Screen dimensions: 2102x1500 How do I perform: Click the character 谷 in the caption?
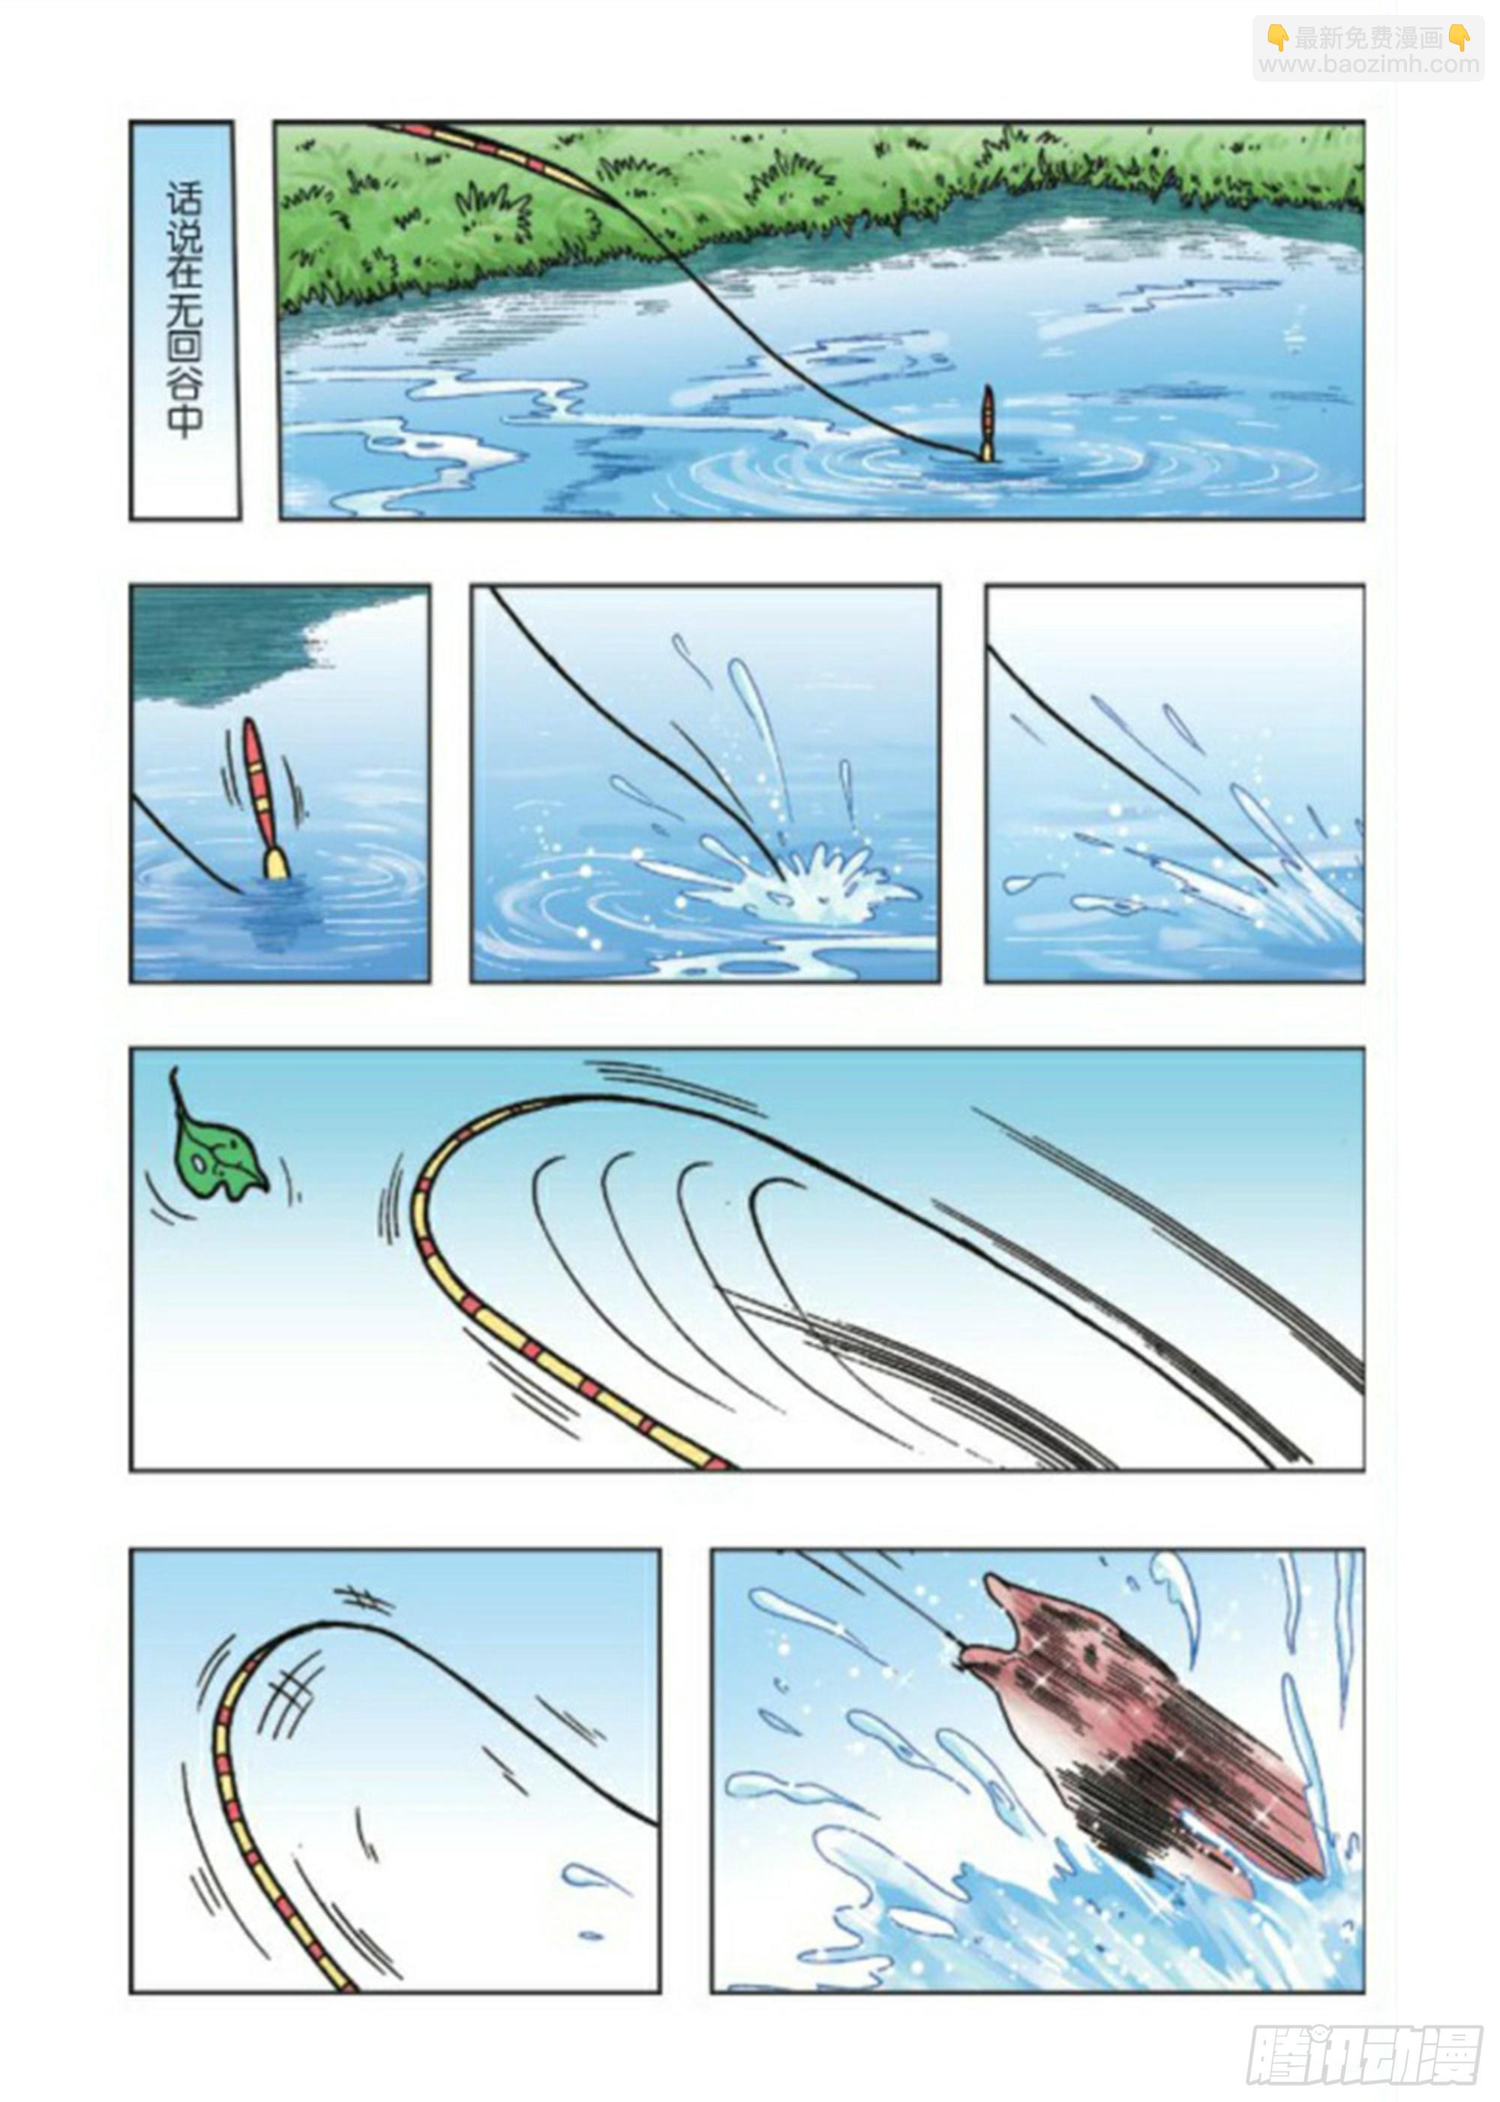coord(184,378)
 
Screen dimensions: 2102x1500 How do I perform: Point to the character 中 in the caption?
coord(184,420)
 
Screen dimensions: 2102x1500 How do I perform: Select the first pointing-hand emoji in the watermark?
coord(1276,37)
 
